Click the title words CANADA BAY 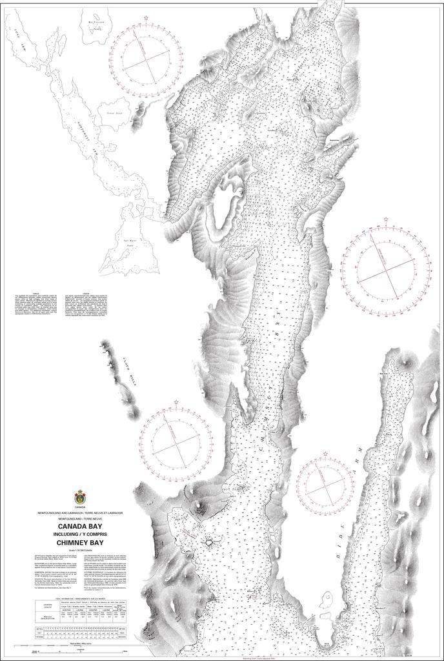(81, 526)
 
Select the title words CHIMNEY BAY (81, 542)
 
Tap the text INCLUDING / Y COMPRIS (81, 534)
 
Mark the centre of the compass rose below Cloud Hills (176, 443)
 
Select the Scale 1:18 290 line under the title (81, 550)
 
